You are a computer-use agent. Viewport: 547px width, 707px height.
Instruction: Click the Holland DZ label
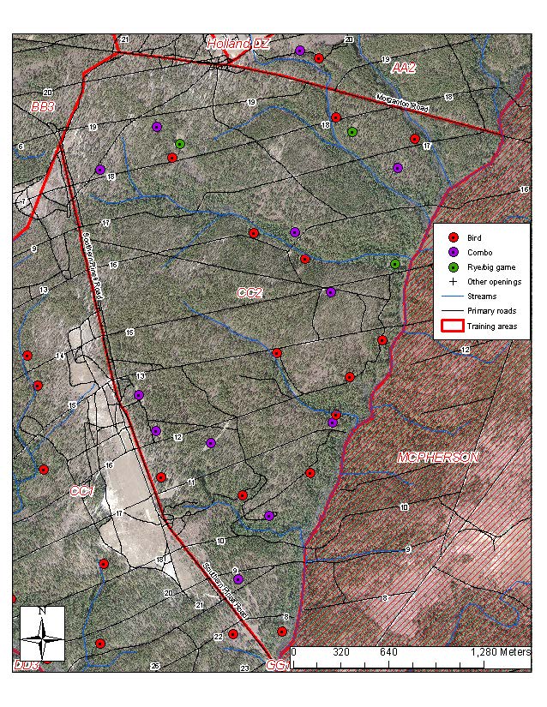(238, 43)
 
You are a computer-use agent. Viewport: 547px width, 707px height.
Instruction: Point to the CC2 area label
(249, 293)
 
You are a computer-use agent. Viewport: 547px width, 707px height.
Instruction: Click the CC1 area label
(81, 491)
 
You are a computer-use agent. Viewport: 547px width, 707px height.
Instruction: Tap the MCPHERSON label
(437, 458)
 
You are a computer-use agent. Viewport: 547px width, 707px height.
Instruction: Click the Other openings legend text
(495, 281)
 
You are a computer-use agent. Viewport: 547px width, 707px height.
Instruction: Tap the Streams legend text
(482, 296)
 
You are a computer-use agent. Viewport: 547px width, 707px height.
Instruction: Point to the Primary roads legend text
(491, 310)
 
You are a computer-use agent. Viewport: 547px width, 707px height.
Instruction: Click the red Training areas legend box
(452, 326)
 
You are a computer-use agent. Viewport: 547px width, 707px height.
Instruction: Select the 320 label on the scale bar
(340, 652)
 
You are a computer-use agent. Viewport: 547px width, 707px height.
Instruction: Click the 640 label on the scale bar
(388, 652)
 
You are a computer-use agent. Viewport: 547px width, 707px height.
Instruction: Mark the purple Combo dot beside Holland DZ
(300, 51)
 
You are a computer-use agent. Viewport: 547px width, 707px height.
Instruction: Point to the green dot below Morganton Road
(352, 132)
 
